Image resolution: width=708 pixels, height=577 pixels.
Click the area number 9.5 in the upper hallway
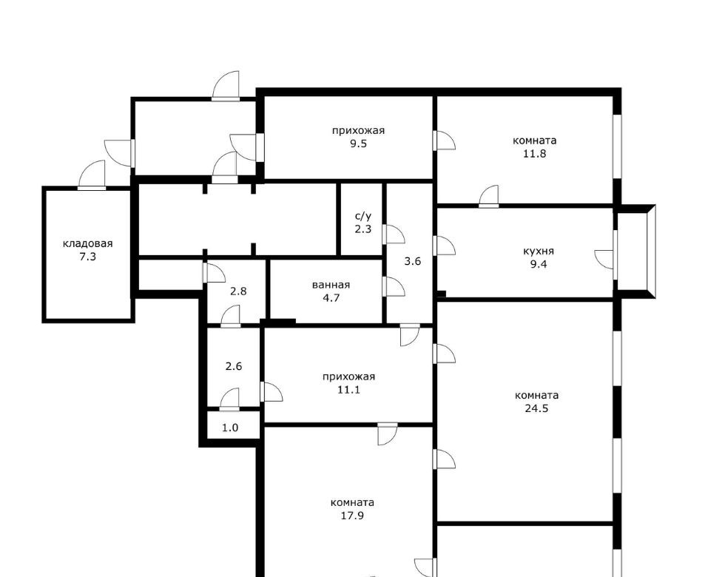click(357, 144)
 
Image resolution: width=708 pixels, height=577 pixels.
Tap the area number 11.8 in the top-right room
click(535, 154)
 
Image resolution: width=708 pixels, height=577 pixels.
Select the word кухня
click(539, 251)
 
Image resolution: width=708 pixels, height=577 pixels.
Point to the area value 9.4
click(539, 265)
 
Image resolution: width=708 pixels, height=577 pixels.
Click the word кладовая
click(87, 244)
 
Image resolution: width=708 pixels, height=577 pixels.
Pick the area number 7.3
click(87, 257)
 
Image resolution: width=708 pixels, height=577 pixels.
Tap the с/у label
click(363, 216)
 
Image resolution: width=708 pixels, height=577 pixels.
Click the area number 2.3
click(363, 229)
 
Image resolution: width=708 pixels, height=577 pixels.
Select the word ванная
click(331, 285)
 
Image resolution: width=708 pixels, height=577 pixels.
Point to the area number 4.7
click(331, 298)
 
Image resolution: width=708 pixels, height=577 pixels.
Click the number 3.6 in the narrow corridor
click(412, 261)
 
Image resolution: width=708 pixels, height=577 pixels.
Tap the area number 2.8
click(238, 291)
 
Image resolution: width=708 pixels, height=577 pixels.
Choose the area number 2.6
click(234, 366)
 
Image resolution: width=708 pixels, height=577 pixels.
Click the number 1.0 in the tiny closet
click(230, 428)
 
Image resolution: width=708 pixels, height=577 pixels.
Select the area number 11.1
click(348, 390)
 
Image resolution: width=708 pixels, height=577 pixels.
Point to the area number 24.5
click(537, 408)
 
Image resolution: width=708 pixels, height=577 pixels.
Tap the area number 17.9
click(352, 516)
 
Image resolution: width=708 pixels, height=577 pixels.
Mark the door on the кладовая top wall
click(92, 175)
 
